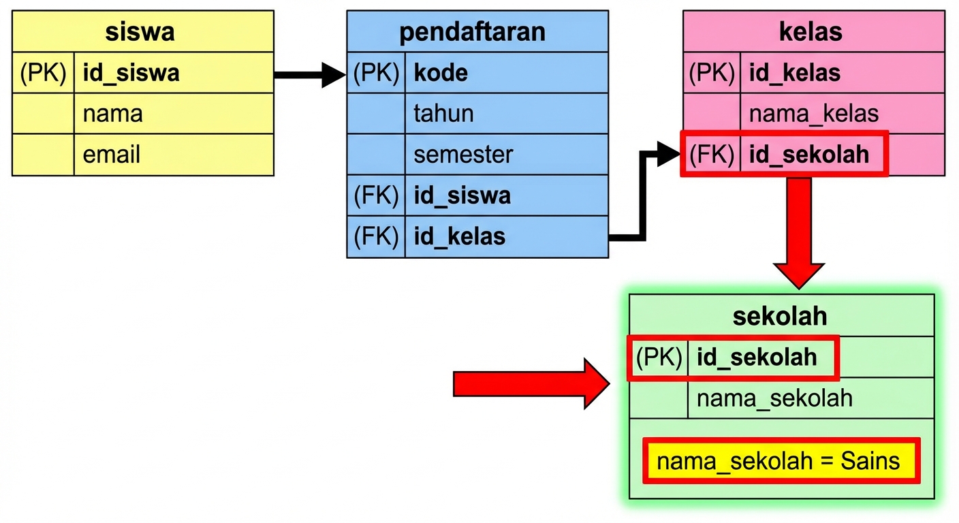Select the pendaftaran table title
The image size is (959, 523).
[472, 32]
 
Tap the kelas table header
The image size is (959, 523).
[811, 32]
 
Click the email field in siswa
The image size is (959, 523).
[112, 155]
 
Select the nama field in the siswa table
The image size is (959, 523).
[113, 114]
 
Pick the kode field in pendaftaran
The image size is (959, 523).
[441, 73]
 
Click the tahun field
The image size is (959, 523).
[443, 114]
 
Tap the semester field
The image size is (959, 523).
[463, 155]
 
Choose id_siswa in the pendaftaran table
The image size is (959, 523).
[462, 196]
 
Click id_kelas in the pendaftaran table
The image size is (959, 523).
[460, 236]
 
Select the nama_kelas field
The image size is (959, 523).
[814, 114]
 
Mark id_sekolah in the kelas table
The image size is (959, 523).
[809, 155]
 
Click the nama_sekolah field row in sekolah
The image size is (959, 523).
[774, 398]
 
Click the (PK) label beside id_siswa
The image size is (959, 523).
[43, 73]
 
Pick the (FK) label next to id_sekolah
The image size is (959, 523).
[712, 155]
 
